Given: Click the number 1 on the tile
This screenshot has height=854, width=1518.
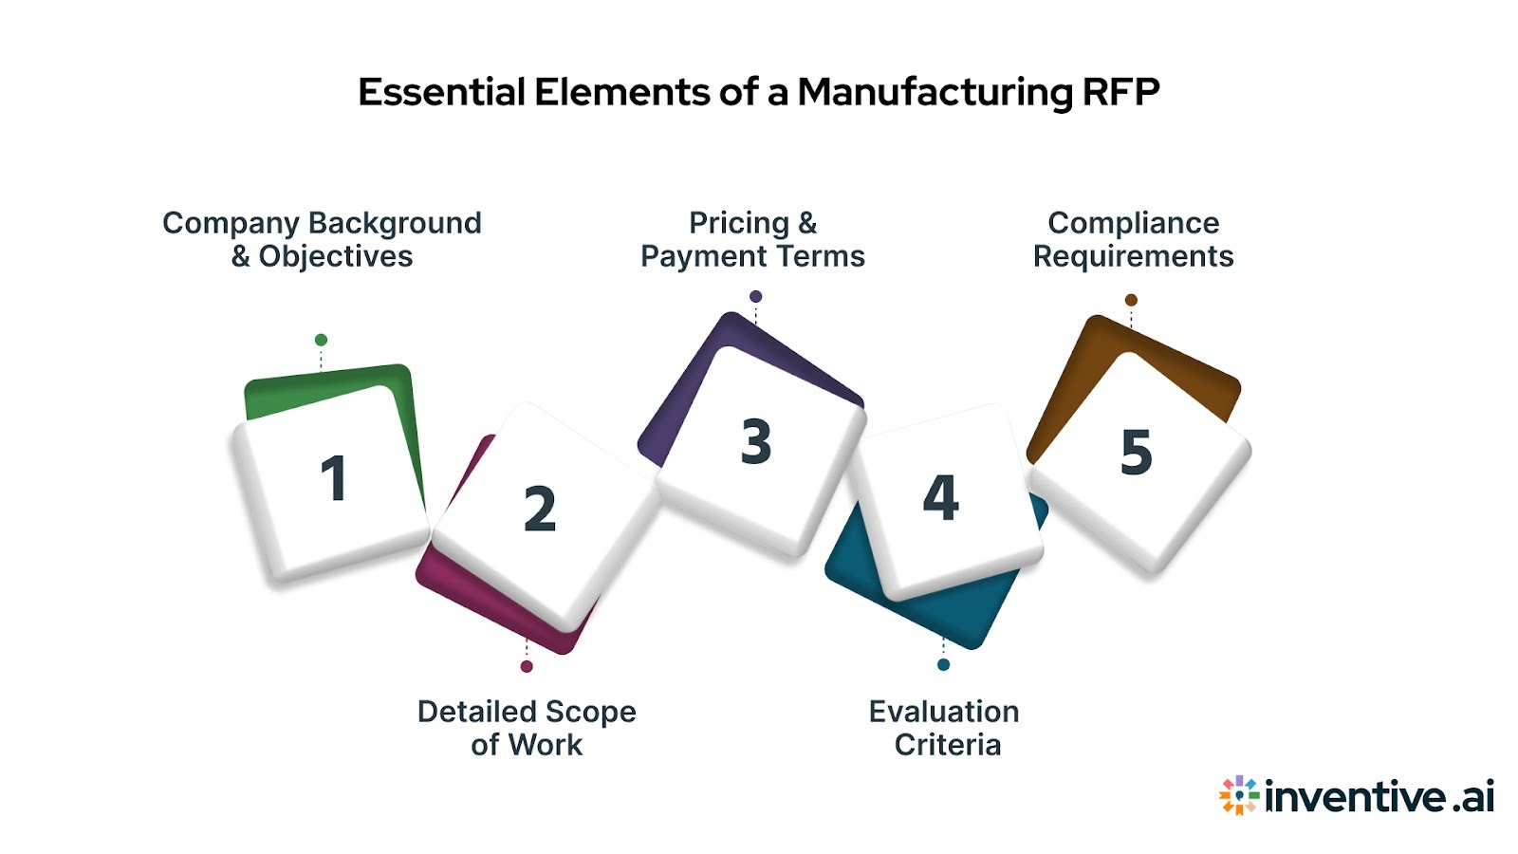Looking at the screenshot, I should pyautogui.click(x=333, y=478).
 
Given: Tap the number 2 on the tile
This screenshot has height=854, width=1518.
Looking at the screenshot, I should pyautogui.click(x=540, y=509).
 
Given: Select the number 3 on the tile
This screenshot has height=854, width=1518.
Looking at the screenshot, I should pyautogui.click(x=756, y=442).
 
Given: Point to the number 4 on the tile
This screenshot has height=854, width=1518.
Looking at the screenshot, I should pyautogui.click(x=940, y=497).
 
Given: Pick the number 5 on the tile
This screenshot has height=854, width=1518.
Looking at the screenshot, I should pyautogui.click(x=1136, y=452).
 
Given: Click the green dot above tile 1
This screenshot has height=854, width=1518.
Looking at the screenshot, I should pyautogui.click(x=321, y=340).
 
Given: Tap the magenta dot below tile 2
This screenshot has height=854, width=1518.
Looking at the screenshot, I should pyautogui.click(x=527, y=666).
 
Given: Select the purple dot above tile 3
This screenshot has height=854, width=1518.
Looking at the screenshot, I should pyautogui.click(x=755, y=296).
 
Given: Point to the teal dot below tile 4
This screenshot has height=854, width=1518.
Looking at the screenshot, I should pyautogui.click(x=943, y=664).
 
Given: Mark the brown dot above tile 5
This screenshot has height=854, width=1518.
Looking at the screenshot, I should pyautogui.click(x=1131, y=300).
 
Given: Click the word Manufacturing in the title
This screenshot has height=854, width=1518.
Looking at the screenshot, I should pyautogui.click(x=935, y=93).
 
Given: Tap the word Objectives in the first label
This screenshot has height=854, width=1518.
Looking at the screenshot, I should pyautogui.click(x=336, y=256).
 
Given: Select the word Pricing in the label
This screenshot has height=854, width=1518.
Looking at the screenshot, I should pyautogui.click(x=739, y=223).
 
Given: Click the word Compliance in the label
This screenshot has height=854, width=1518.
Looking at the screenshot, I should pyautogui.click(x=1133, y=223).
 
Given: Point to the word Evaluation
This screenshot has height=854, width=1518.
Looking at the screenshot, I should pyautogui.click(x=944, y=712).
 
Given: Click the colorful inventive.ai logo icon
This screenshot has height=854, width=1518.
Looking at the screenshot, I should pyautogui.click(x=1238, y=795).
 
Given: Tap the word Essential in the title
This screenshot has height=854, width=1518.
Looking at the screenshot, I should pyautogui.click(x=441, y=93).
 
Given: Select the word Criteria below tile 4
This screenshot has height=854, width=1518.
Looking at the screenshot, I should pyautogui.click(x=947, y=745).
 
